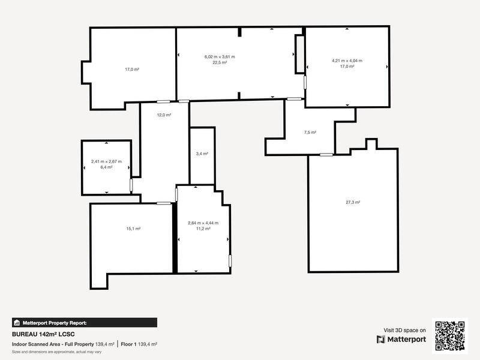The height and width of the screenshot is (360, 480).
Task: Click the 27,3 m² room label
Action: [x=352, y=202]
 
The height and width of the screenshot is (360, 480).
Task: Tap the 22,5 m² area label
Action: [x=220, y=62]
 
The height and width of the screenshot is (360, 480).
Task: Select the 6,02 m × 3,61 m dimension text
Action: [x=220, y=57]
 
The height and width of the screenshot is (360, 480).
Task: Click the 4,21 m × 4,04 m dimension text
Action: [x=347, y=61]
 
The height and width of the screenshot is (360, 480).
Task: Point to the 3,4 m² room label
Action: [x=202, y=154]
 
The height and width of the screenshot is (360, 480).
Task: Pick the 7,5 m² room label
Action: [x=310, y=132]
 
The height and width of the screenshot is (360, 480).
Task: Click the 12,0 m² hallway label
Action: [x=164, y=115]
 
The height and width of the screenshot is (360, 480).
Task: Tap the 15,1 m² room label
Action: [x=133, y=228]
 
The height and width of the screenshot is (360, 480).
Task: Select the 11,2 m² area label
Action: [x=203, y=229]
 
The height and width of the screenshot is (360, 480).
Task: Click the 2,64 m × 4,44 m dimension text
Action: [x=203, y=223]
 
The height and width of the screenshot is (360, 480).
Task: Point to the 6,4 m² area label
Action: [x=106, y=167]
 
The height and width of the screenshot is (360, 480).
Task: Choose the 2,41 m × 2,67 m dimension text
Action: [x=106, y=161]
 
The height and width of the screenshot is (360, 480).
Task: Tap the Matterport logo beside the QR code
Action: [x=401, y=340]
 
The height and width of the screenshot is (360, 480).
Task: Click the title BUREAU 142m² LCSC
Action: [x=43, y=334]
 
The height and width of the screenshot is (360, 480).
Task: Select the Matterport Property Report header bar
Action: [x=84, y=322]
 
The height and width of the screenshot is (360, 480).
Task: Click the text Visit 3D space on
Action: [x=405, y=330]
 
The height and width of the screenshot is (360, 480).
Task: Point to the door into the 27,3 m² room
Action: [x=326, y=155]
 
